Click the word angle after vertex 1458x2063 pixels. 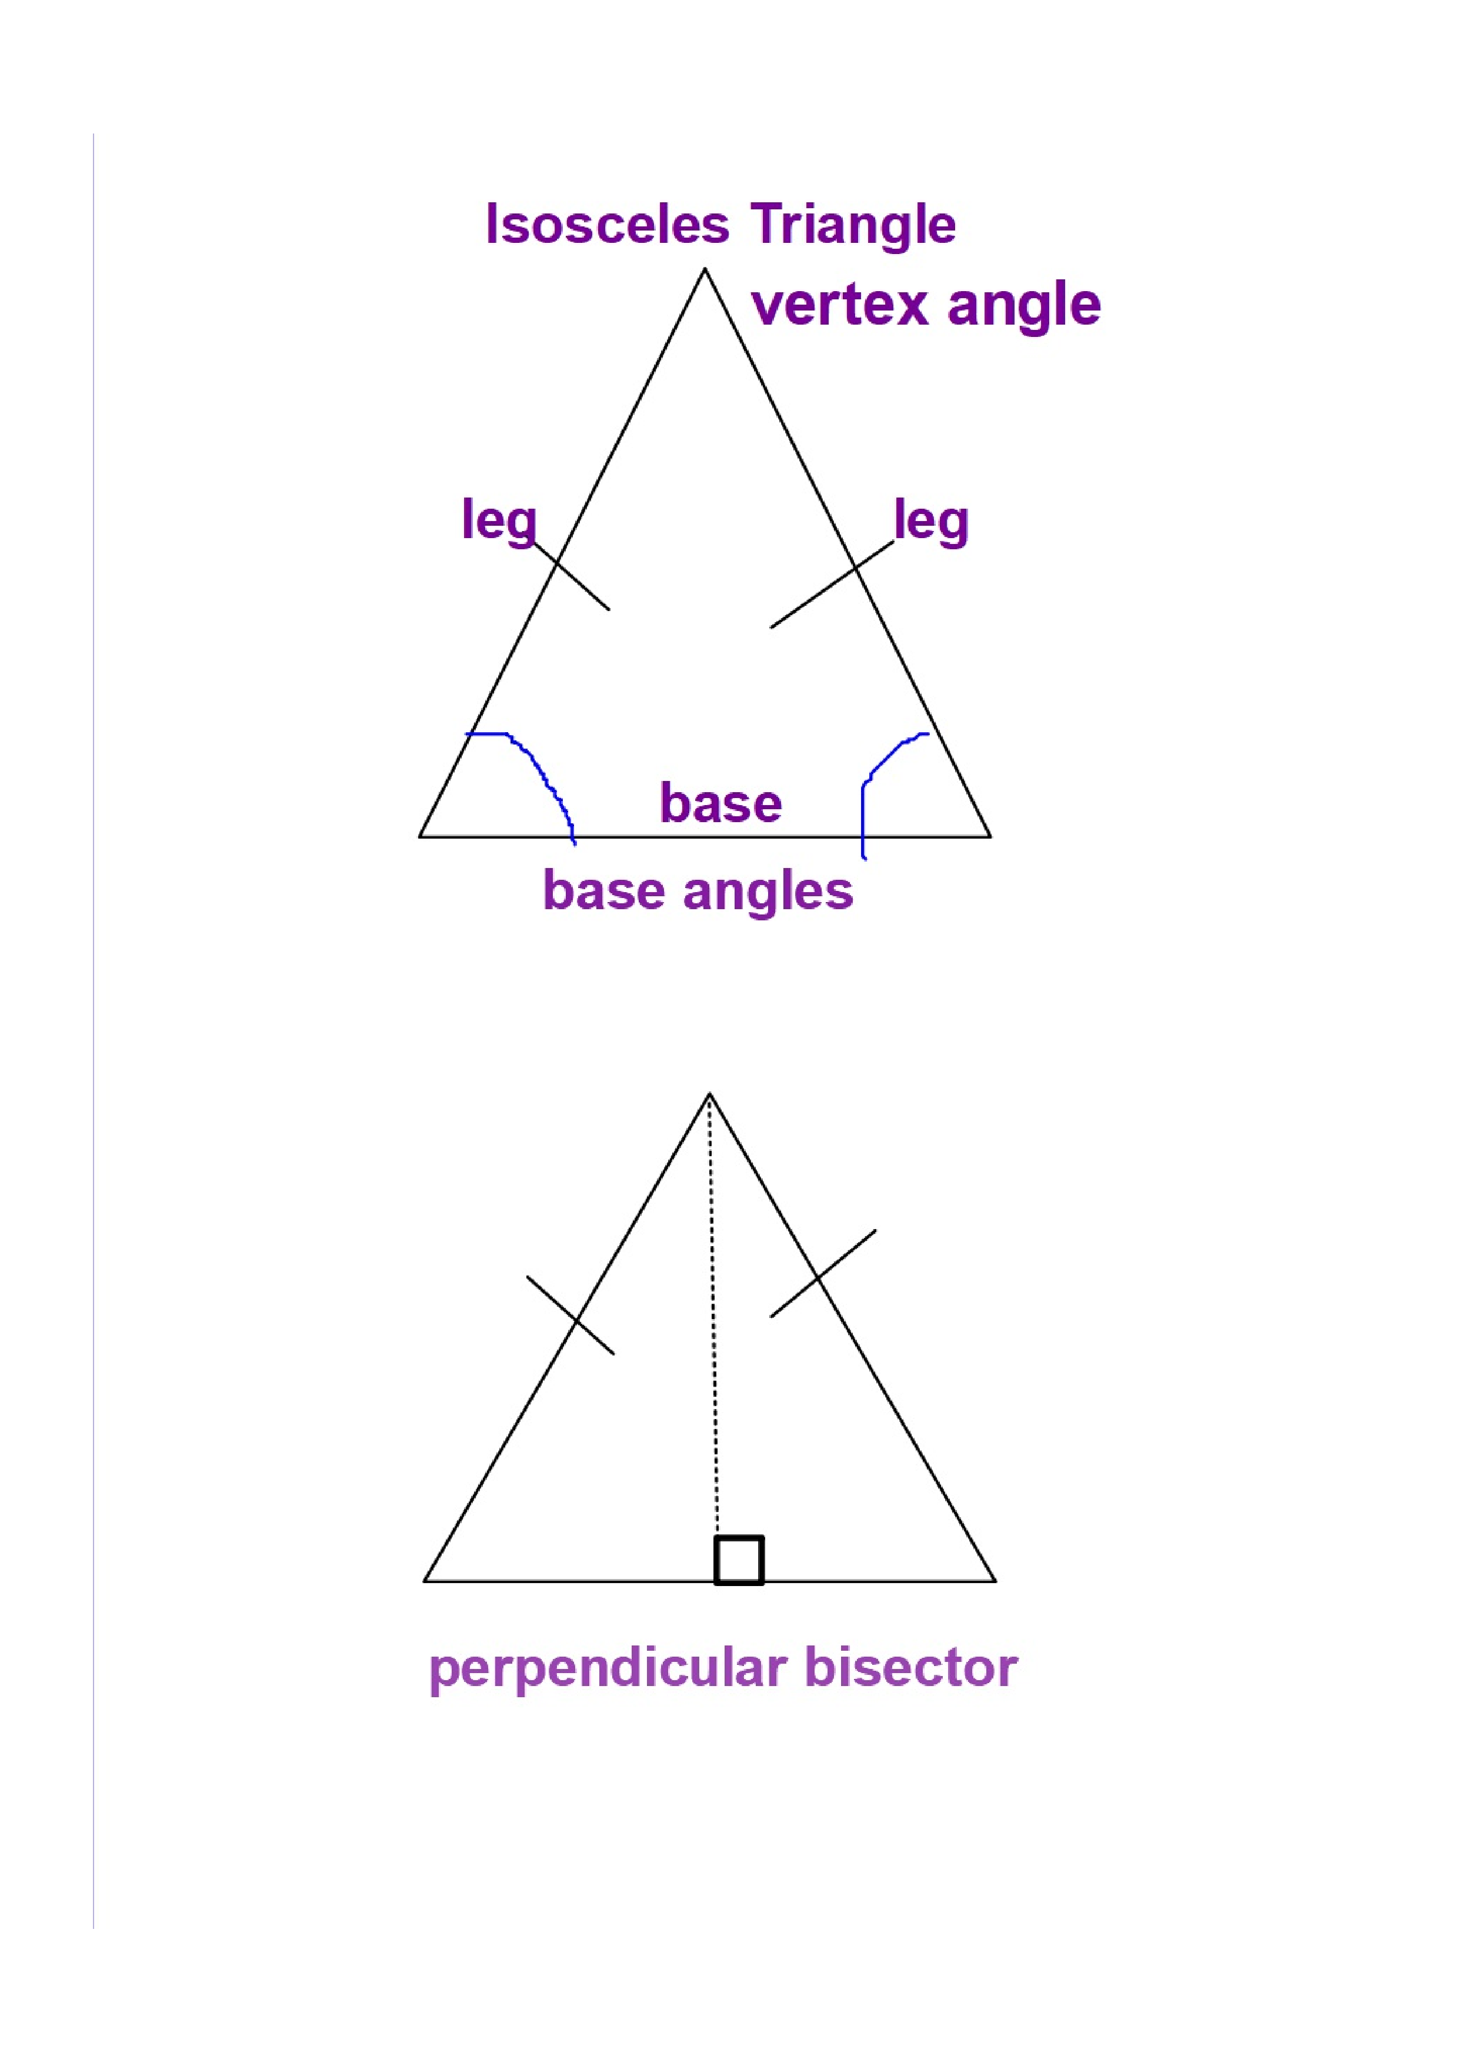click(1023, 305)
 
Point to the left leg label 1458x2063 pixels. click(499, 520)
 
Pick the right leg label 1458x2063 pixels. click(932, 520)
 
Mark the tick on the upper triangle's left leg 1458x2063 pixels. click(571, 576)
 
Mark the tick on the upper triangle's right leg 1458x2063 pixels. click(832, 584)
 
